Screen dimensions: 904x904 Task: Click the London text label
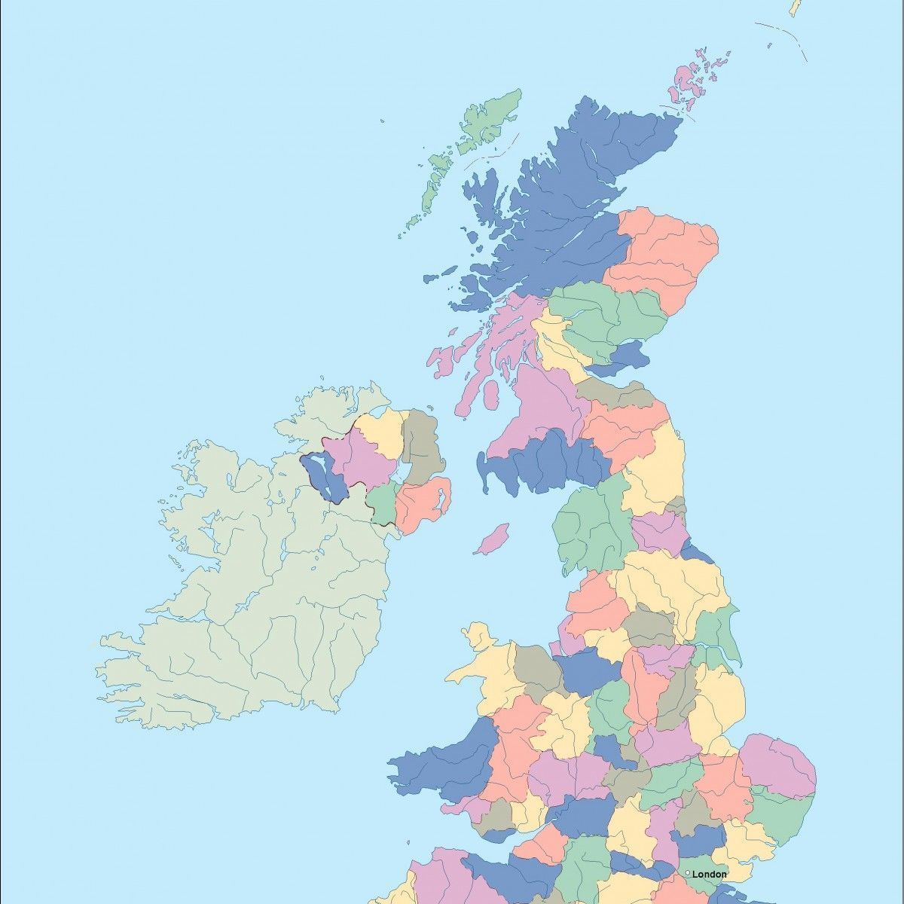click(x=710, y=874)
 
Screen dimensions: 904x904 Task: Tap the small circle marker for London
click(x=688, y=873)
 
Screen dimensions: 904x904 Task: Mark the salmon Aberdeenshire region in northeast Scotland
click(x=663, y=249)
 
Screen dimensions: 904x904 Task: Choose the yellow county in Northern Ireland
click(x=380, y=433)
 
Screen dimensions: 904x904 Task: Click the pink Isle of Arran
click(x=491, y=394)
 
